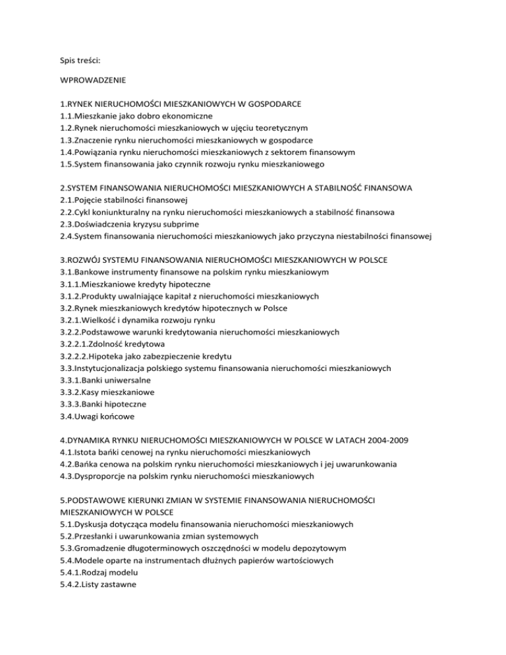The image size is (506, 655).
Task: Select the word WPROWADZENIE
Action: [94, 84]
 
